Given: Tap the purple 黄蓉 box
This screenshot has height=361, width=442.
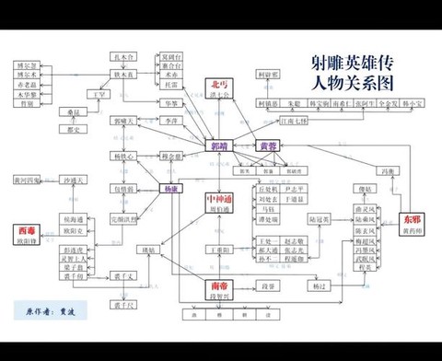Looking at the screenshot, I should click(267, 146).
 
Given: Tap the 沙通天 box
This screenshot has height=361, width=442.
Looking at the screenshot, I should click(72, 180).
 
